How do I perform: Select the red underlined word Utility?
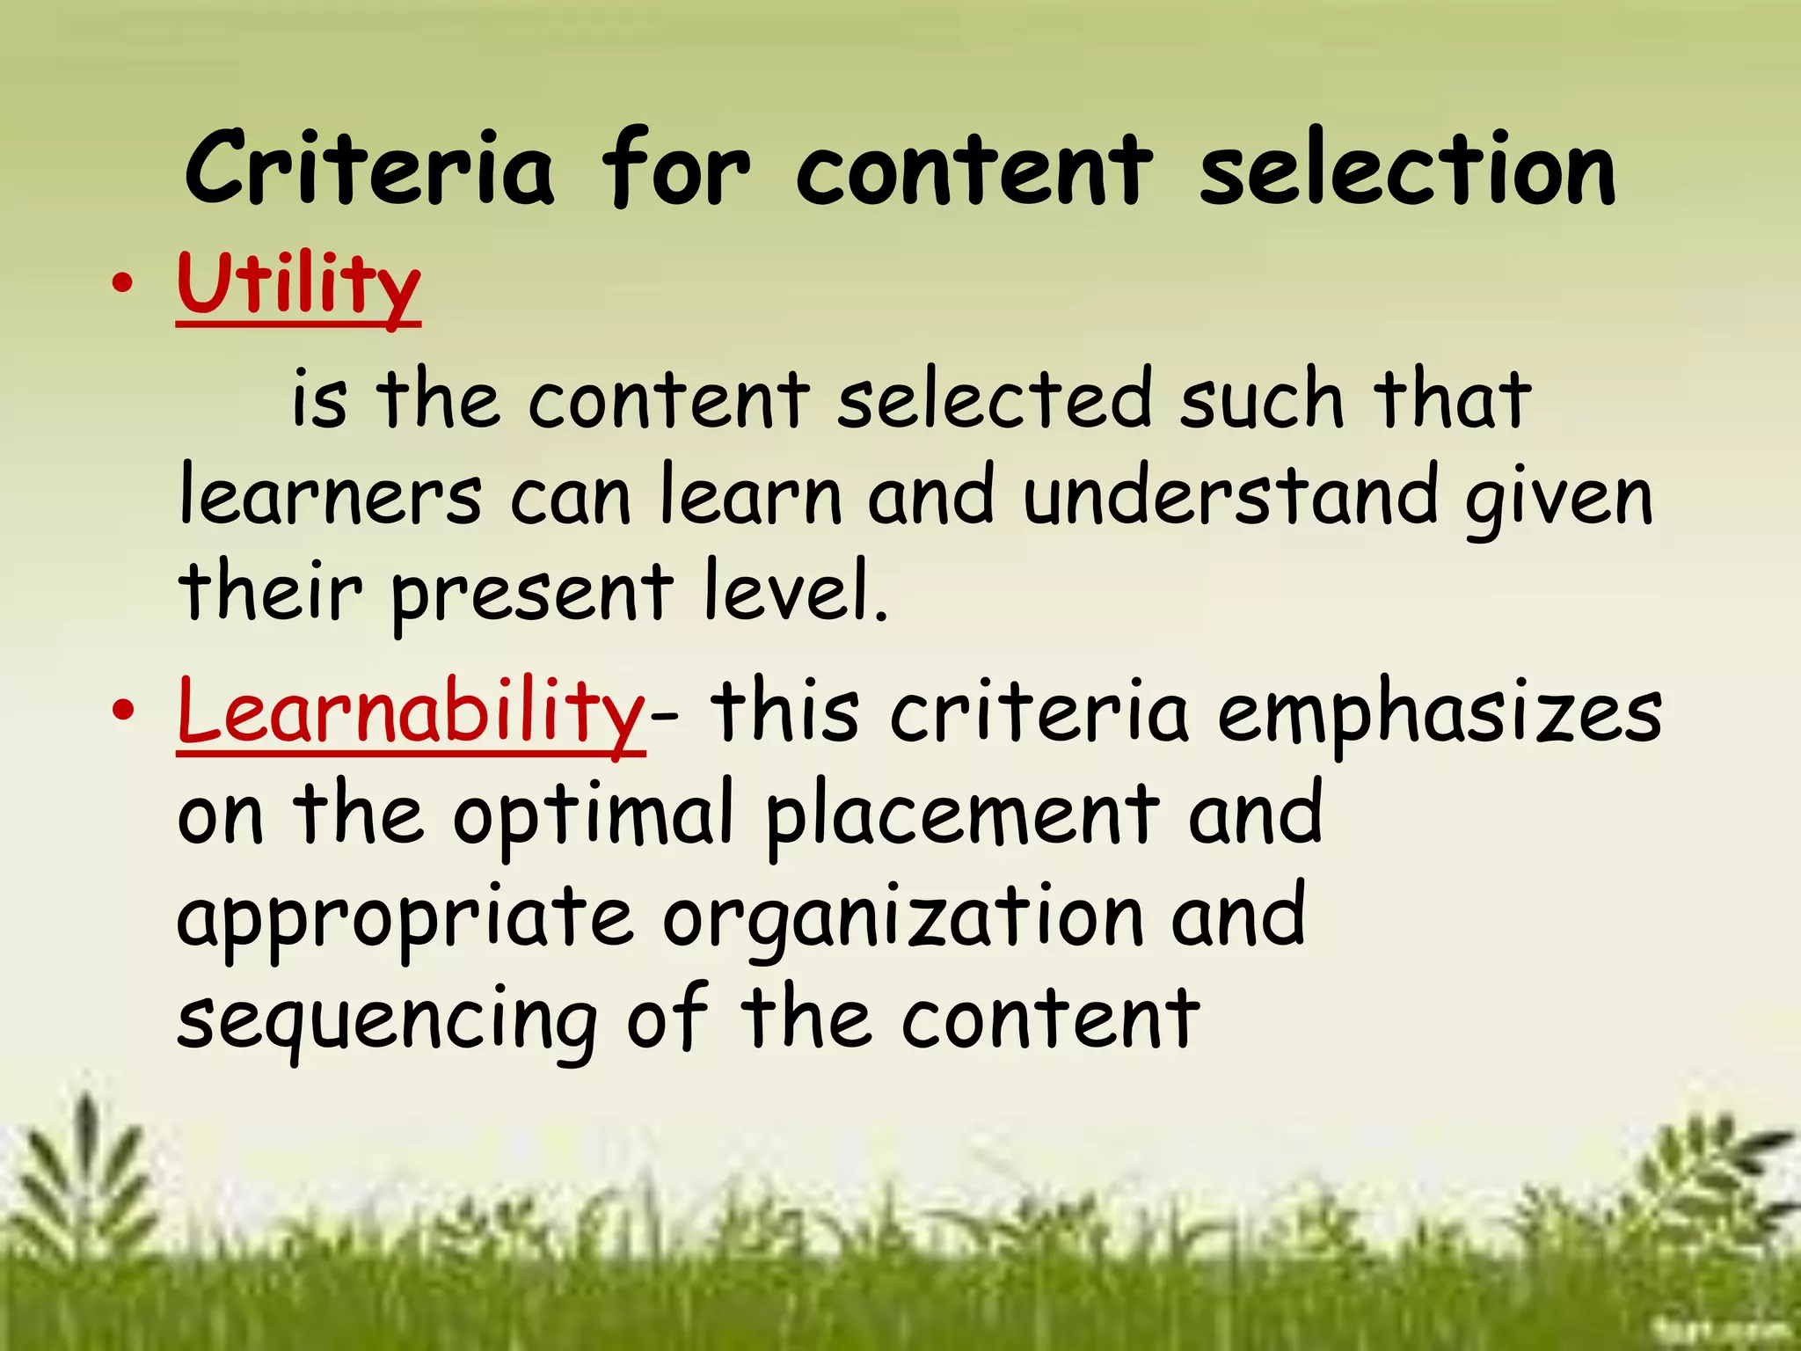pyautogui.click(x=298, y=285)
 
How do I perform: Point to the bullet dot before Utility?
pyautogui.click(x=124, y=284)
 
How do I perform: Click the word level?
pyautogui.click(x=795, y=591)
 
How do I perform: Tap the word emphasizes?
pyautogui.click(x=1440, y=714)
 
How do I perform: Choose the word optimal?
pyautogui.click(x=594, y=816)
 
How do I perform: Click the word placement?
pyautogui.click(x=962, y=816)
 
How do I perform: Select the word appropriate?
pyautogui.click(x=405, y=920)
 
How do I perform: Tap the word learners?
pyautogui.click(x=331, y=498)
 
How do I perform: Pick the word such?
pyautogui.click(x=1262, y=400)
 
